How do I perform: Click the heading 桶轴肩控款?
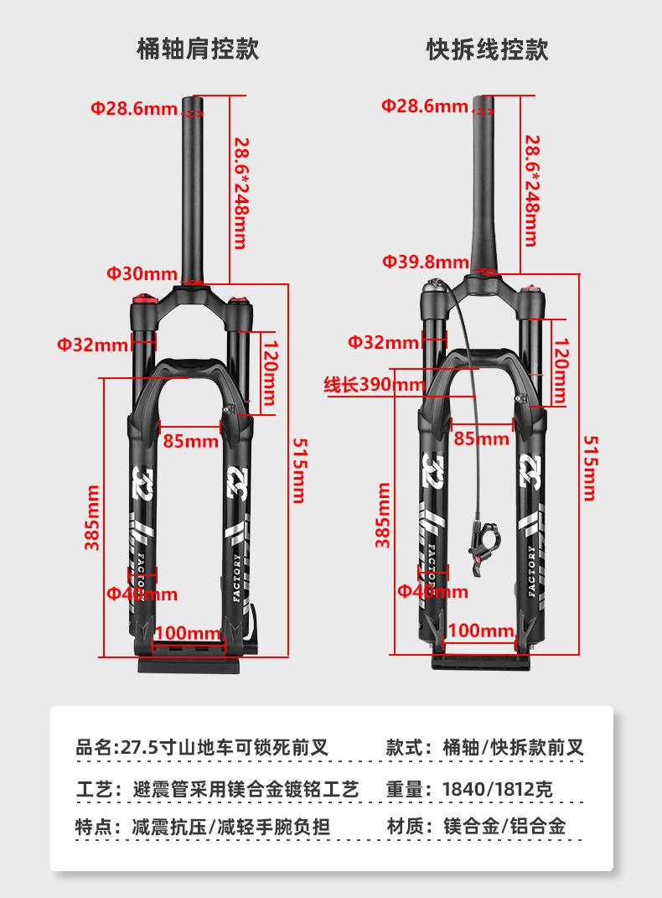(198, 48)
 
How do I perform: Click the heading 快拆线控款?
(487, 48)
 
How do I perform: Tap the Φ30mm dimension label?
(142, 273)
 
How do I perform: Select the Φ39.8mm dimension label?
(426, 261)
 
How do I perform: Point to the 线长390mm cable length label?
(375, 385)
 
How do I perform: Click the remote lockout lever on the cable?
(479, 546)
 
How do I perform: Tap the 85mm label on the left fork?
(190, 440)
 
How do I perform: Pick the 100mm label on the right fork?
(481, 631)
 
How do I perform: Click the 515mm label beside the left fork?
(297, 469)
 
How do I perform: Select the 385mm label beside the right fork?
(382, 515)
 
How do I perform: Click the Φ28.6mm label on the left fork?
(134, 108)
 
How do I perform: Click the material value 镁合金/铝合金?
(504, 826)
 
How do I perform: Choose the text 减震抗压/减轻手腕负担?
(231, 826)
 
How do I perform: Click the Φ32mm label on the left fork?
(93, 344)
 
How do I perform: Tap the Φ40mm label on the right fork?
(432, 591)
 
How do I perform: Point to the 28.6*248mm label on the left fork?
(240, 193)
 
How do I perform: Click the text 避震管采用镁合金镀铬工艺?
(246, 789)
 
